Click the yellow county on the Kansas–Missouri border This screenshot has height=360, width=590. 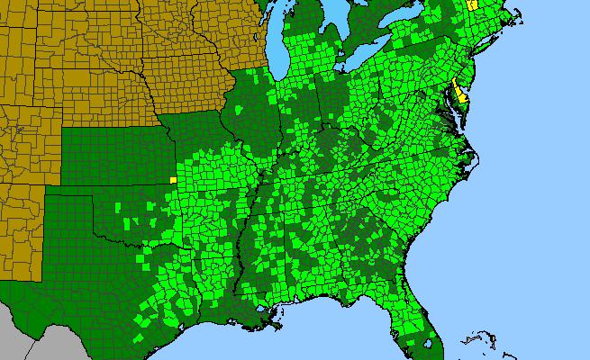pyautogui.click(x=173, y=179)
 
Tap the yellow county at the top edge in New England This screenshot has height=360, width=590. pyautogui.click(x=472, y=4)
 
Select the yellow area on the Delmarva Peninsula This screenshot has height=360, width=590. pyautogui.click(x=459, y=91)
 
